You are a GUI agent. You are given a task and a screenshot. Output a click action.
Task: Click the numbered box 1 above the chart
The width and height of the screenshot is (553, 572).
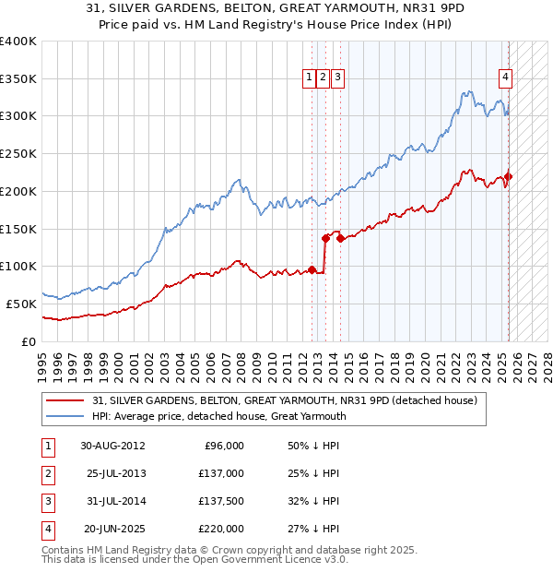[308, 78]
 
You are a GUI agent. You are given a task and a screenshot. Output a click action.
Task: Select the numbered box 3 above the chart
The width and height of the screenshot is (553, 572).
[337, 78]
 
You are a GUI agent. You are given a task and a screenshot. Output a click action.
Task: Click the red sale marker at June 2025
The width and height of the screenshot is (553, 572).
[508, 176]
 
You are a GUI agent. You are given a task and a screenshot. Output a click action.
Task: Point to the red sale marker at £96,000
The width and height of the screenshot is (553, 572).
[312, 269]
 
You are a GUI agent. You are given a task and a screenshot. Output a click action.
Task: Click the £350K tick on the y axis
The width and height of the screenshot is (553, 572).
[18, 79]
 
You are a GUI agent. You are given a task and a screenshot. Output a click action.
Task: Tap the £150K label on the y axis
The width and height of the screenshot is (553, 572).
[18, 229]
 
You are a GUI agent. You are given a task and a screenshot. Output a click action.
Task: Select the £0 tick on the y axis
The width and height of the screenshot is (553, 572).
[29, 341]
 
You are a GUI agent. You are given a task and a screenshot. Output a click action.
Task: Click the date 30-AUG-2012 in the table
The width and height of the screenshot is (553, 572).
[112, 446]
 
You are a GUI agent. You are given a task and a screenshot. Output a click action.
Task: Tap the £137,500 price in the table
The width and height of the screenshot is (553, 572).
[220, 501]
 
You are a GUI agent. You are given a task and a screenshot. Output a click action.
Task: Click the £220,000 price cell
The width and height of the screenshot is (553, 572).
[220, 529]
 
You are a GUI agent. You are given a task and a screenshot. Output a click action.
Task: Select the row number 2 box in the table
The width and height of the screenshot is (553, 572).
[47, 473]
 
